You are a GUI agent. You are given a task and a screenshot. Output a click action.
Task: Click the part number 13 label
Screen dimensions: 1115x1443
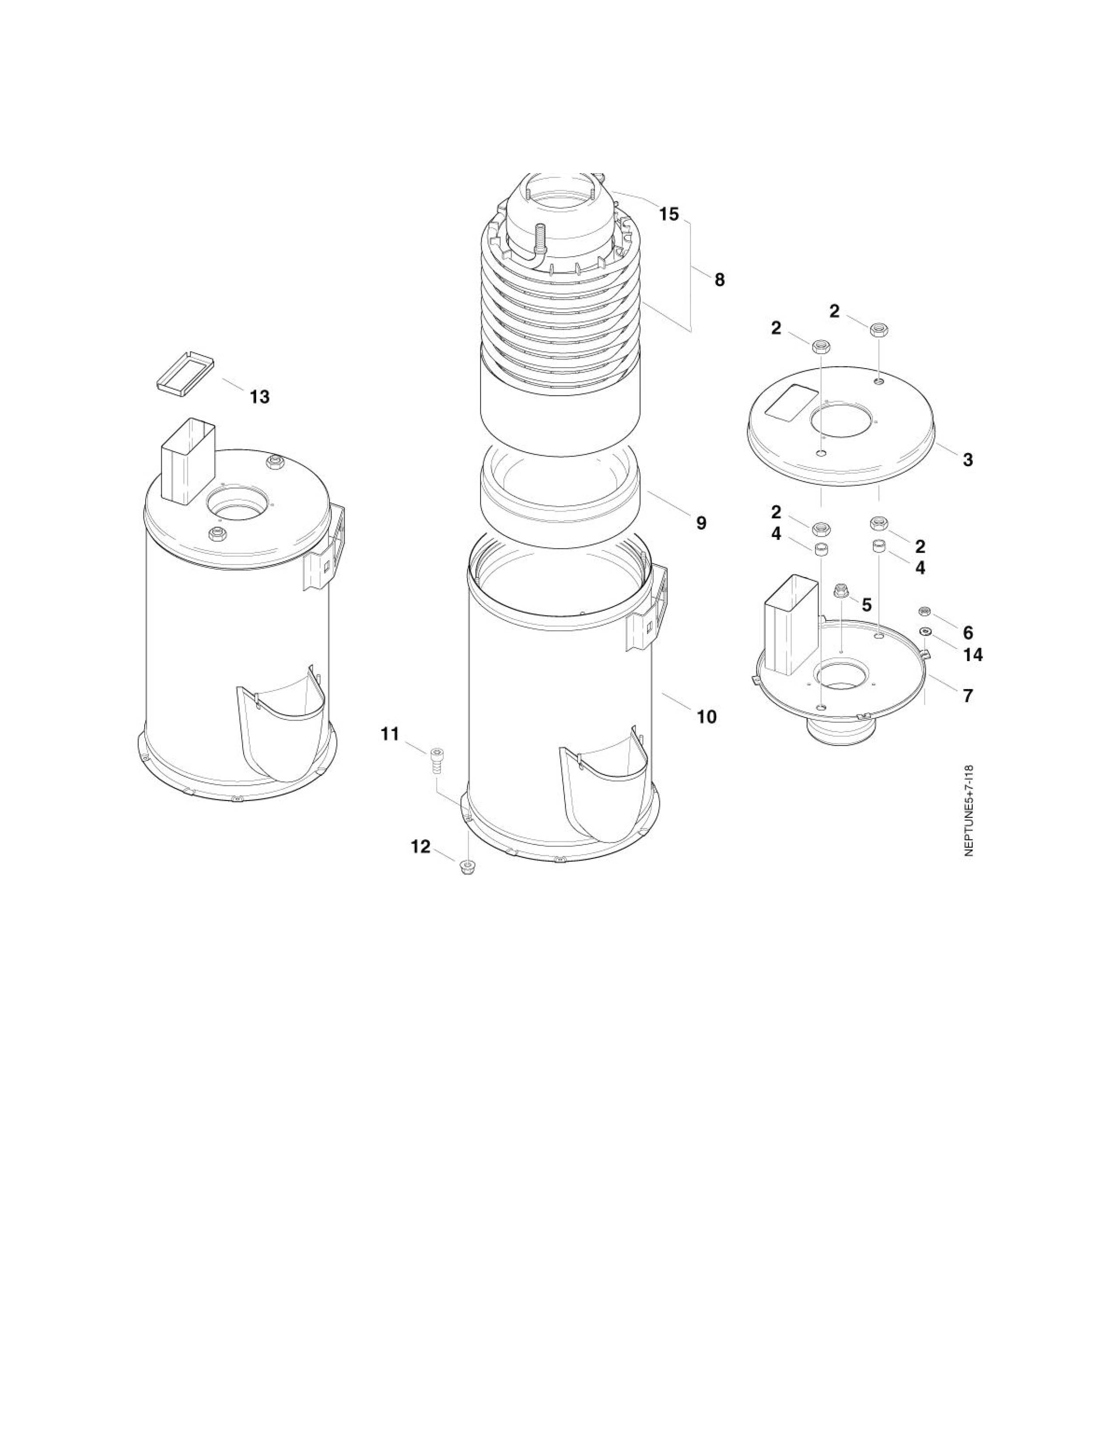pyautogui.click(x=260, y=397)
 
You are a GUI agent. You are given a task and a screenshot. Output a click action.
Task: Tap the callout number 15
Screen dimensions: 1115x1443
pyautogui.click(x=669, y=214)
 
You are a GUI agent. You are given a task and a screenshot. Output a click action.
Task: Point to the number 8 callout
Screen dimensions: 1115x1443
pyautogui.click(x=719, y=280)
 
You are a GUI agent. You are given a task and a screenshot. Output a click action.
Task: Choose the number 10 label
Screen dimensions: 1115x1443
pyautogui.click(x=706, y=717)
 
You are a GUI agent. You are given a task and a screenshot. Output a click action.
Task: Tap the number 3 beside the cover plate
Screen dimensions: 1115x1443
pyautogui.click(x=968, y=460)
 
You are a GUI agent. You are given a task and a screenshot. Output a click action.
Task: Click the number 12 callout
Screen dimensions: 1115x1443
pyautogui.click(x=420, y=847)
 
